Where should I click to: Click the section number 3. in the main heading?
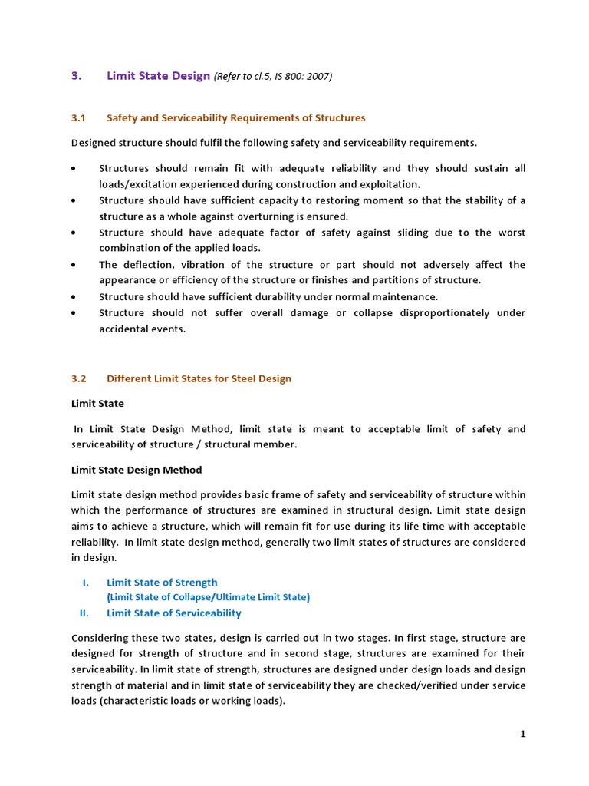click(x=76, y=75)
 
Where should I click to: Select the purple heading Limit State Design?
click(x=158, y=75)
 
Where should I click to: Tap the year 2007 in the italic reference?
click(x=320, y=76)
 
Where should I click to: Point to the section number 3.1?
click(x=79, y=117)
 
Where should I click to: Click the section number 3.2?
click(x=79, y=378)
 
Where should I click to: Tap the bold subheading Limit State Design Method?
click(x=137, y=469)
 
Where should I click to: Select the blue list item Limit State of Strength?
click(x=162, y=583)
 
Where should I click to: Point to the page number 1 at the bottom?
click(x=523, y=734)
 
